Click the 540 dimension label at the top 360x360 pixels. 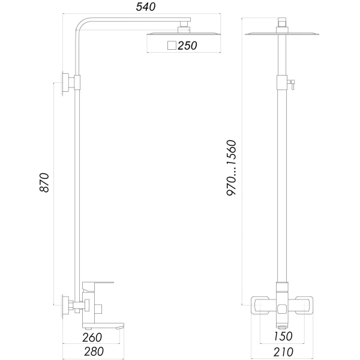(x=146, y=8)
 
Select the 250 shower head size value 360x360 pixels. (x=188, y=45)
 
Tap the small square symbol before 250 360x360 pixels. (x=172, y=45)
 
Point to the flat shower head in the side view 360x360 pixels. (x=180, y=34)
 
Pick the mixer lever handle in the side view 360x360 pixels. (x=100, y=281)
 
